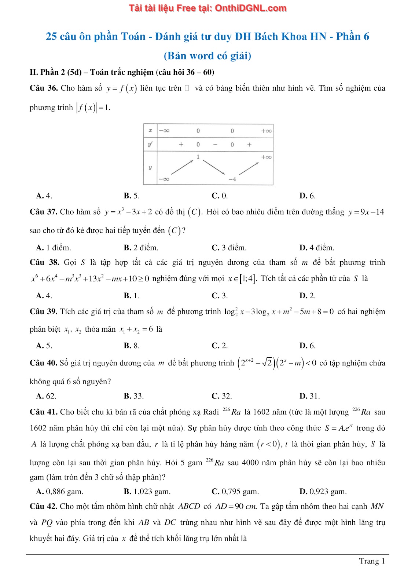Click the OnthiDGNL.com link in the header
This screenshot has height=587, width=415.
(x=250, y=8)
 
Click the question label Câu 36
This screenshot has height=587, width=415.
(x=44, y=88)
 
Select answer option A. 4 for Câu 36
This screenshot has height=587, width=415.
(x=44, y=196)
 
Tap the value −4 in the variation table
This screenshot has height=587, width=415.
(x=232, y=179)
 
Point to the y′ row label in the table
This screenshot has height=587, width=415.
(x=150, y=145)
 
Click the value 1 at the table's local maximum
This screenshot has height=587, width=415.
(x=198, y=157)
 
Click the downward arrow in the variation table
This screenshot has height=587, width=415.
(x=214, y=167)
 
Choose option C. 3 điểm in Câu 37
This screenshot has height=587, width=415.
(x=229, y=248)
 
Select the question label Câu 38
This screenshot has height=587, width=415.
(x=44, y=262)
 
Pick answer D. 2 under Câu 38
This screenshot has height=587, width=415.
(x=307, y=295)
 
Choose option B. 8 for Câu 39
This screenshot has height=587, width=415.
(x=132, y=345)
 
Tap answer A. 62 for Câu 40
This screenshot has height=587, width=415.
(x=46, y=396)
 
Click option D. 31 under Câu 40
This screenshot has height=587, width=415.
(x=309, y=396)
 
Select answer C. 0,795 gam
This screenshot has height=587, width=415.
(x=235, y=491)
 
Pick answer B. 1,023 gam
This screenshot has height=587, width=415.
(x=147, y=491)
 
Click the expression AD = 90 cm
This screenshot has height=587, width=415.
(x=236, y=506)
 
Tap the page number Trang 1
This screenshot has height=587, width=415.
(x=372, y=561)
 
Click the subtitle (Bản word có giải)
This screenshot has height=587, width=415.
(x=207, y=56)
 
